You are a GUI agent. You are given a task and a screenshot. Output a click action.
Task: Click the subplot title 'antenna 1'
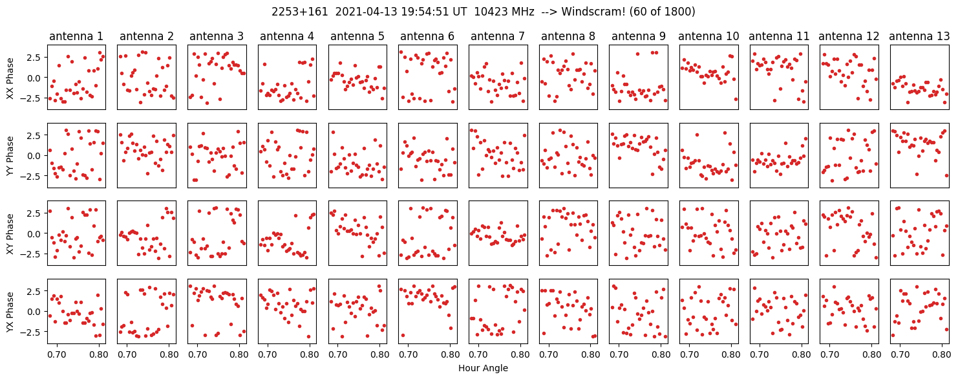click(x=76, y=36)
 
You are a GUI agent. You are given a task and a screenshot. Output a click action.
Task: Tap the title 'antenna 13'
click(x=919, y=36)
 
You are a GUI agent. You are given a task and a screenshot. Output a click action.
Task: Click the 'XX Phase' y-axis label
click(x=10, y=78)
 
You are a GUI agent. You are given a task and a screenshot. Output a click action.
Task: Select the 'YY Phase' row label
click(x=10, y=155)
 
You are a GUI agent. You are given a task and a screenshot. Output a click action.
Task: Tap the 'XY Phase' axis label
click(x=10, y=233)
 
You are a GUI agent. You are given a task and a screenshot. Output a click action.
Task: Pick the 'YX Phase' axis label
click(x=10, y=311)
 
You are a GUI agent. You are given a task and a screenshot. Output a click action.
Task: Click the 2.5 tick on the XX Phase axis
click(x=34, y=57)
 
